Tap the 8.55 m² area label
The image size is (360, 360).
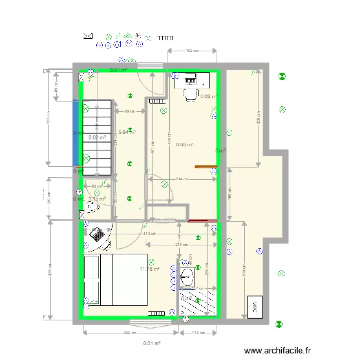pos(184,144)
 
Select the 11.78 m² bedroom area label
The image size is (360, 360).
pos(149,269)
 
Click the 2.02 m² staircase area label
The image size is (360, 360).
pos(96,138)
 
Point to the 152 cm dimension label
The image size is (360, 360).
pos(192,50)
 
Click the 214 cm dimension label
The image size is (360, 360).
pos(181,179)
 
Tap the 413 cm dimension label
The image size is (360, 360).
pos(150,234)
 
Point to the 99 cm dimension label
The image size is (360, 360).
pos(130,111)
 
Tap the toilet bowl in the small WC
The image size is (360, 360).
pos(91,207)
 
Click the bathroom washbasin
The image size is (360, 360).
pos(187,277)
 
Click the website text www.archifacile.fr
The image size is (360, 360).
pos(277,351)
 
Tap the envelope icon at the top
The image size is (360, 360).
pos(87,36)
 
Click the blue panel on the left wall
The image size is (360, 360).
pos(75,132)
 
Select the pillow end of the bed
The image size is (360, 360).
pos(92,280)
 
